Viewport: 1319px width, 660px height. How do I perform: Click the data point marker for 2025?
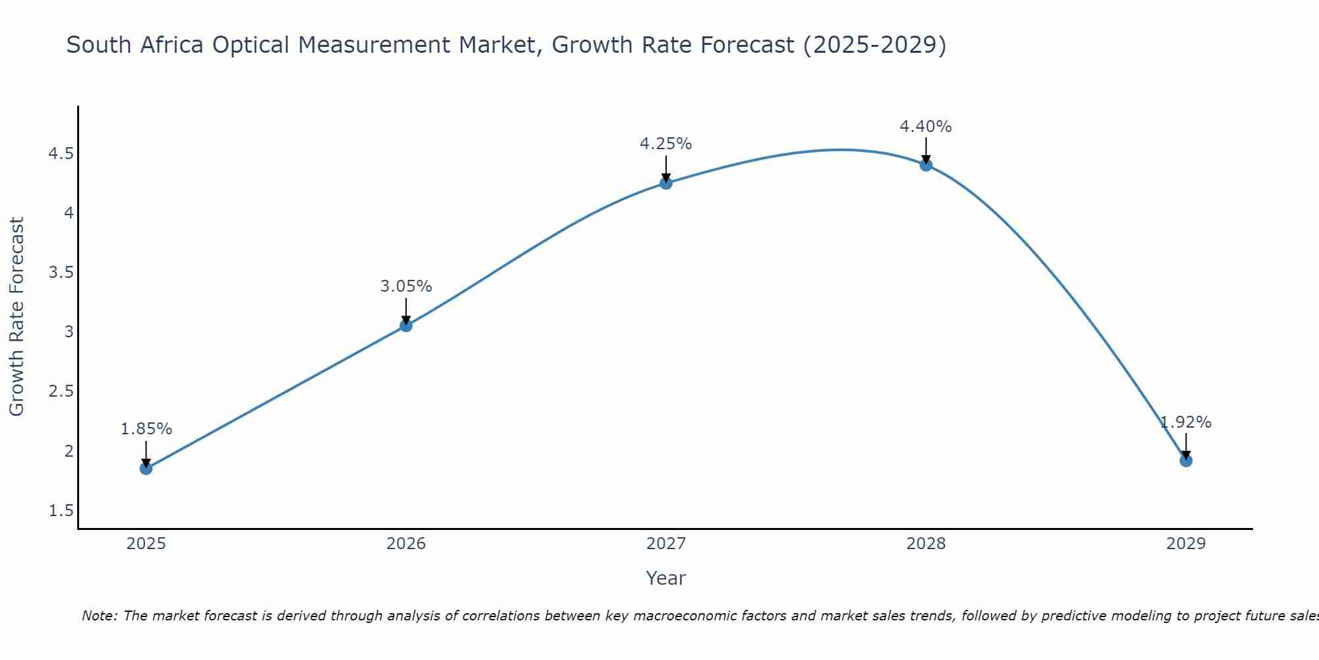coord(146,468)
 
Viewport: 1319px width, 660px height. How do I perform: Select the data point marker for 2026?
coord(406,325)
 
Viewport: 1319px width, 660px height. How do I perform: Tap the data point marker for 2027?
coord(666,183)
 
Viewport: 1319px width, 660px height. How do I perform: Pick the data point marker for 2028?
coord(926,165)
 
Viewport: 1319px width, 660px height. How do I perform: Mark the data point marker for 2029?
coord(1186,460)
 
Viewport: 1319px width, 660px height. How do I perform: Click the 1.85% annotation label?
coord(146,429)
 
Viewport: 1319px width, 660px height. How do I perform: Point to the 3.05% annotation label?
coord(406,286)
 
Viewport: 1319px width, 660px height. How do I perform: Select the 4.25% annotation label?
coord(666,144)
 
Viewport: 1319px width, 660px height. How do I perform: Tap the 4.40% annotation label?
coord(926,127)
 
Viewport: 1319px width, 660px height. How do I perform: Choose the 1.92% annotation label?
coord(1186,422)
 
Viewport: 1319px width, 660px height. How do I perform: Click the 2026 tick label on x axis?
coord(406,544)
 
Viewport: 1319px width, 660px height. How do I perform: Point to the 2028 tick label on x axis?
coord(926,544)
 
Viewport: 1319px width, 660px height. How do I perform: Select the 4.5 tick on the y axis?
coord(61,154)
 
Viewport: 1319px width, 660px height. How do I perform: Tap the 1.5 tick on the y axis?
coord(61,511)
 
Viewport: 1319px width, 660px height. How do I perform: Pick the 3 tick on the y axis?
coord(69,332)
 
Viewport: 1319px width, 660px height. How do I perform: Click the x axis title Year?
coord(665,578)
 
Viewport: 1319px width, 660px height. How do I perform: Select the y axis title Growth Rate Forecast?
coord(16,317)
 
